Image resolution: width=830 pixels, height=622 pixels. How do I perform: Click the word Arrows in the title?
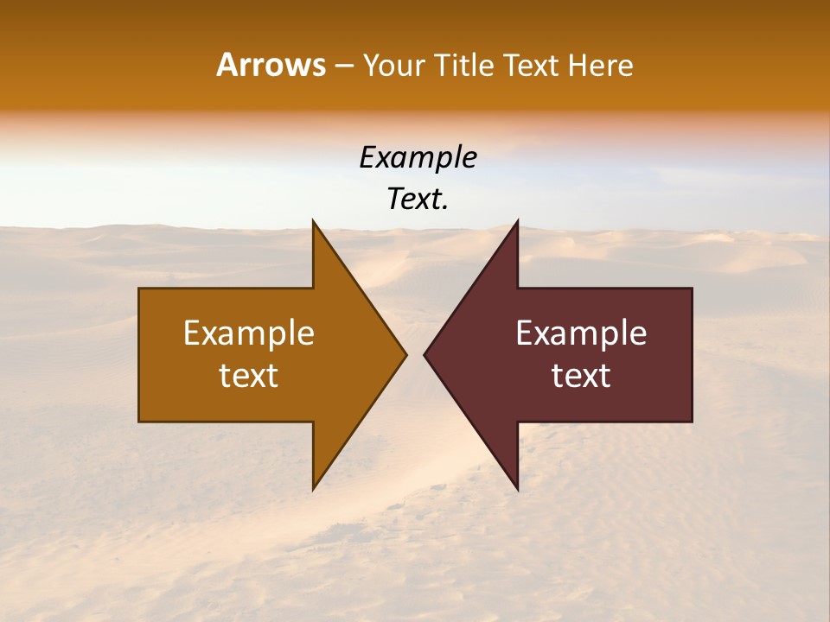tap(271, 65)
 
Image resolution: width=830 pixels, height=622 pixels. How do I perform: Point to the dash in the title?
tap(343, 67)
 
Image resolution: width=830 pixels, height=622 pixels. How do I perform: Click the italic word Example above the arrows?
tap(418, 158)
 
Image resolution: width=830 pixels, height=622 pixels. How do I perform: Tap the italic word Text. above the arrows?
tap(418, 200)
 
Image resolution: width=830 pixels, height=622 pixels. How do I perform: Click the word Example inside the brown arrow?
tap(249, 333)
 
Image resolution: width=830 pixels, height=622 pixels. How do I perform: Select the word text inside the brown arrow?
tap(249, 376)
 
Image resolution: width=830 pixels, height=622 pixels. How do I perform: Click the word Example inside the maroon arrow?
tap(581, 333)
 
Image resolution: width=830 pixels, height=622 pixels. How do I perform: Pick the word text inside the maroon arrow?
tap(581, 376)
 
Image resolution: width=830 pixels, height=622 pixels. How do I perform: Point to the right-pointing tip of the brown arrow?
tap(405, 354)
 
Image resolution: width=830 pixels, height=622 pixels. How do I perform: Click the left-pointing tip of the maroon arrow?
tap(425, 354)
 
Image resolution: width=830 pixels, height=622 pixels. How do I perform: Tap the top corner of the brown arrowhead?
tap(314, 221)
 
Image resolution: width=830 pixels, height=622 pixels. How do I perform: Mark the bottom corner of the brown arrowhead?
tap(314, 489)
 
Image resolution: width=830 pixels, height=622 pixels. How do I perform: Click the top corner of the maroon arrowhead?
tap(517, 221)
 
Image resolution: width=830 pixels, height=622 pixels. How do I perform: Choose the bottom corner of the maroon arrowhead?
tap(517, 489)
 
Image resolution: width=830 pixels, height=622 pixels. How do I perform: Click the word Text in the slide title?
tap(530, 66)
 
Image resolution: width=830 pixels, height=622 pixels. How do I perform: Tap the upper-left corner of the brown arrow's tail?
tap(140, 289)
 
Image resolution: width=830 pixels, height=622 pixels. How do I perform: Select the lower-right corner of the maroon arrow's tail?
tap(691, 421)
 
